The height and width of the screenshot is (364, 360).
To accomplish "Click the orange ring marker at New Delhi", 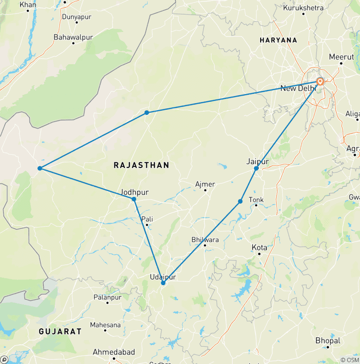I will point(320,81).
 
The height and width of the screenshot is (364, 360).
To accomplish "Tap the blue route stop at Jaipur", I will point(256,168).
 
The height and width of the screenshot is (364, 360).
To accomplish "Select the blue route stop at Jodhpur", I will point(134,199).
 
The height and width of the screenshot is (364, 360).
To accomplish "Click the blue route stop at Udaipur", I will point(163,283).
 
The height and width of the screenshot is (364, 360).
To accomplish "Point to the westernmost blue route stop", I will point(40,168).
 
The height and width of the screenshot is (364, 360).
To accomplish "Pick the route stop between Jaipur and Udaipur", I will point(240,202).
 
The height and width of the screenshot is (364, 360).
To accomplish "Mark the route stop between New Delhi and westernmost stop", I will point(147,113).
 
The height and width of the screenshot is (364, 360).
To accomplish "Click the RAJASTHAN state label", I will point(142,165).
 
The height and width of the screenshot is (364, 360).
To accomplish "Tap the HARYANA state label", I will point(278,40).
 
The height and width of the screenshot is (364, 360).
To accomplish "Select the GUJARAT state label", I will point(60,331).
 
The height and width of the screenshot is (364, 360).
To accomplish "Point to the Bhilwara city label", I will point(205,240).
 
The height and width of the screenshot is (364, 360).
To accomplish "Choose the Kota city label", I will point(259,247).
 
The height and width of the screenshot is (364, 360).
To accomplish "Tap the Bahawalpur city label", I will point(73,37).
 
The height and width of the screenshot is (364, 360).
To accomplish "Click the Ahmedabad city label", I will point(114,352).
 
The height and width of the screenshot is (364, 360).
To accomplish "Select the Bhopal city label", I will point(328,341).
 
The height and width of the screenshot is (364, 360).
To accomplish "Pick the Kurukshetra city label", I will point(303,8).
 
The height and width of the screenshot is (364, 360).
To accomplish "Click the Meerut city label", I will point(341,57).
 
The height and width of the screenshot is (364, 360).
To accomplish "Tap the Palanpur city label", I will point(107,297).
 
